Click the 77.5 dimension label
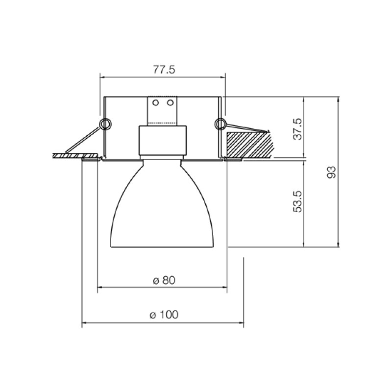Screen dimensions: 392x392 (x=164, y=70)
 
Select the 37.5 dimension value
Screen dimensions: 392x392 (x=297, y=129)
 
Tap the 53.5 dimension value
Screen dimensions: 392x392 (x=297, y=202)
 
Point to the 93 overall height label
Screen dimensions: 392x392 (x=332, y=172)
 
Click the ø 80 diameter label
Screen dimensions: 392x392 (x=164, y=280)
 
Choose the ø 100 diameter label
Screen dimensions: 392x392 (x=164, y=315)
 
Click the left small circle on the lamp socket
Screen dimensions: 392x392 (x=155, y=103)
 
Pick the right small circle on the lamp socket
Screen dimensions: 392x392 (x=171, y=103)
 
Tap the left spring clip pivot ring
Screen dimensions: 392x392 (x=105, y=124)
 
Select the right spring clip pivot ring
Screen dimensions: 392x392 (x=220, y=124)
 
